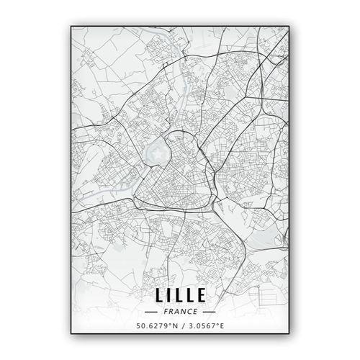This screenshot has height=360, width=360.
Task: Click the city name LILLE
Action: (180, 294)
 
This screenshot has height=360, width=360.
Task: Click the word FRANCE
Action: (180, 312)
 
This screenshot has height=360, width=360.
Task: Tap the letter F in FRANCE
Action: (166, 312)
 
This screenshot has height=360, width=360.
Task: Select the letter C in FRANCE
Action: (189, 312)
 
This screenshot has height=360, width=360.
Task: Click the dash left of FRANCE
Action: (151, 312)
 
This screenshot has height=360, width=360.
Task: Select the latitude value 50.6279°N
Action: (156, 328)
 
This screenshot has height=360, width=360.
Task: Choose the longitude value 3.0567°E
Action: (205, 328)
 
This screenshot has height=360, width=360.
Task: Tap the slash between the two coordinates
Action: (180, 328)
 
